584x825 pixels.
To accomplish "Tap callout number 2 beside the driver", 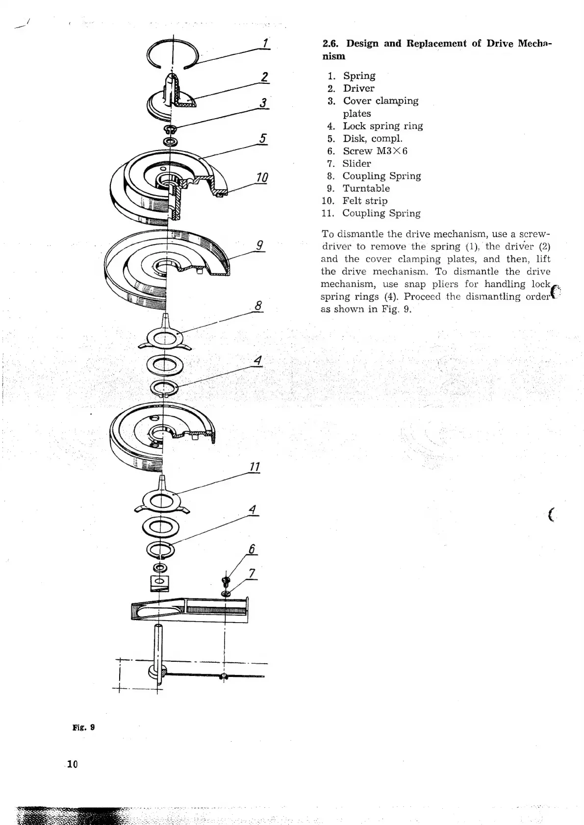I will pos(264,76).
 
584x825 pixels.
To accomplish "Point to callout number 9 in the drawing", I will pos(260,244).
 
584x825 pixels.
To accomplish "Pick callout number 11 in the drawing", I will pos(254,467).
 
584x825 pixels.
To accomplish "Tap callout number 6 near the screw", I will pos(253,549).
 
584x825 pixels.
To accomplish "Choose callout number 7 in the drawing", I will pos(253,573).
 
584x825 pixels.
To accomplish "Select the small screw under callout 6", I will pos(226,581).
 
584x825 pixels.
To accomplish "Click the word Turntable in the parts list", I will pos(366,188).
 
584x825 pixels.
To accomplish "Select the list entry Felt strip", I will pos(365,201).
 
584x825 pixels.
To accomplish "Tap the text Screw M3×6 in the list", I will pos(375,151).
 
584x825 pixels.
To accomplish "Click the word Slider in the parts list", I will pos(356,164).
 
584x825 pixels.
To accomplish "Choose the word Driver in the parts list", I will pos(358,88).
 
